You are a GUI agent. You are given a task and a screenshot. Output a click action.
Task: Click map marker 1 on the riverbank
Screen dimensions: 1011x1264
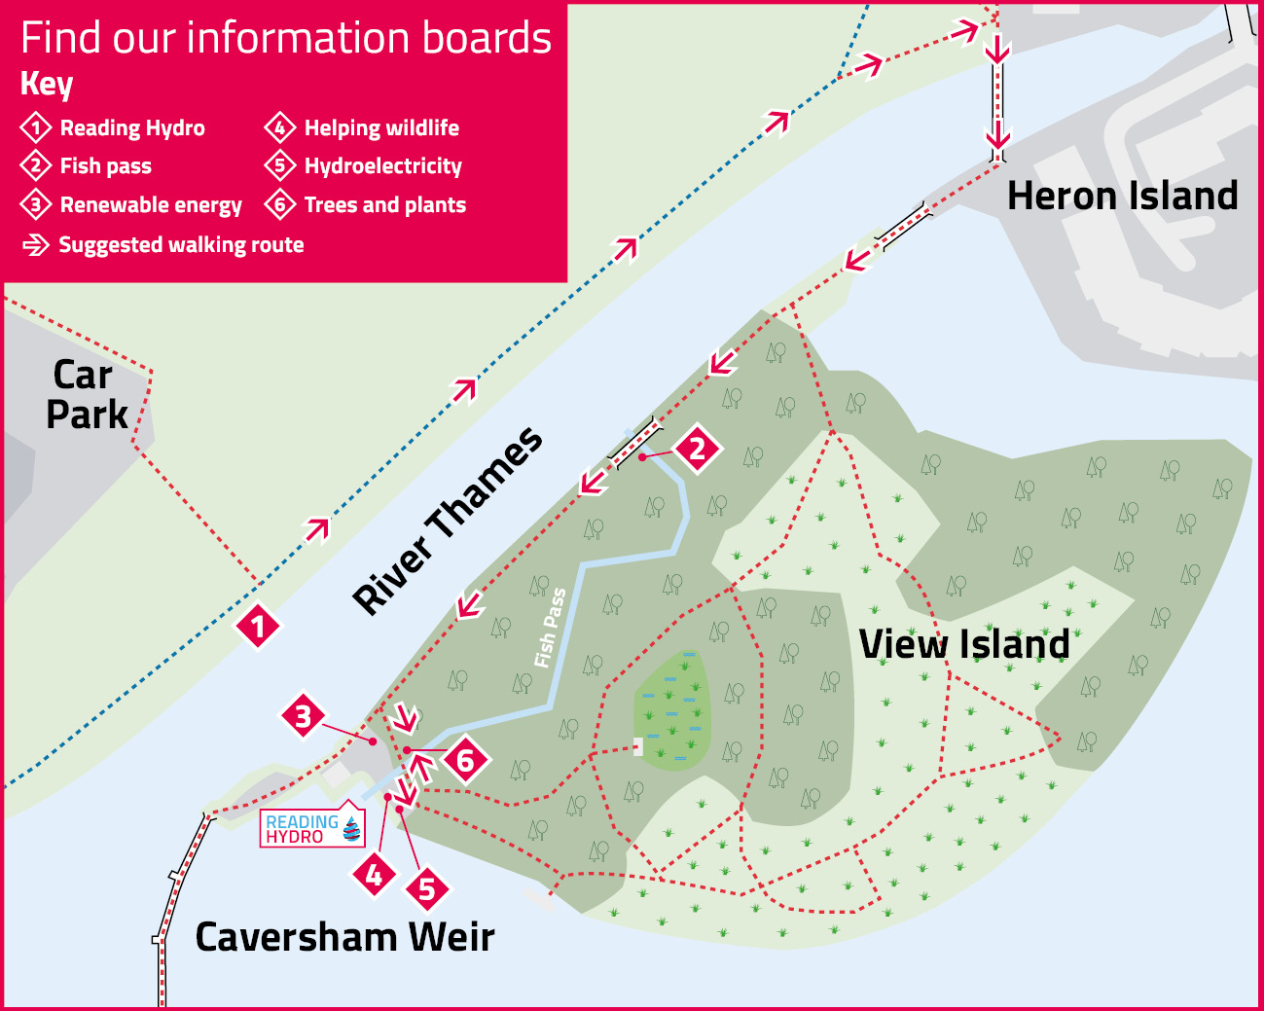click(258, 626)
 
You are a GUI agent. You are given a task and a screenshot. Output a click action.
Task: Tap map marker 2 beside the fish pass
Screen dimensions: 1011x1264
click(697, 449)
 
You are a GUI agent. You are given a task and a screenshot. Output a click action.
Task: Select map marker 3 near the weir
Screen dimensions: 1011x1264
click(304, 717)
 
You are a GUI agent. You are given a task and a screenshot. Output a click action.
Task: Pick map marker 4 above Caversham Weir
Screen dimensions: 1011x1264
click(375, 876)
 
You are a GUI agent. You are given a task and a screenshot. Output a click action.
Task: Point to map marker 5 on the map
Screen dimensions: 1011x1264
click(426, 888)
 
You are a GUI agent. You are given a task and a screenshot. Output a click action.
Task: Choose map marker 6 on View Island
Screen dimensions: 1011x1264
click(465, 760)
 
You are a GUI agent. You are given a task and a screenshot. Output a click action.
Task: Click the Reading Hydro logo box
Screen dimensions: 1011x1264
click(311, 828)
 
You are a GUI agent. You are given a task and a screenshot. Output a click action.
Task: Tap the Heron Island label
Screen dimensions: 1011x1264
click(1122, 196)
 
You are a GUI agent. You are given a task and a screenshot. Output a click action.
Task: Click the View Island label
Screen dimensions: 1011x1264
click(964, 644)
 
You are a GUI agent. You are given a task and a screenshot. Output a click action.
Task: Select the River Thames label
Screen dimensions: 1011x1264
click(448, 521)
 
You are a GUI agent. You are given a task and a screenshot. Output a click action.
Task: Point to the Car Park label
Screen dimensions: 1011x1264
click(86, 394)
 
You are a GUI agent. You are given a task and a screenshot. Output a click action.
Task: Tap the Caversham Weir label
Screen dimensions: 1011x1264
click(344, 937)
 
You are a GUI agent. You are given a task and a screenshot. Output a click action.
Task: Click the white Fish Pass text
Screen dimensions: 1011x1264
click(550, 628)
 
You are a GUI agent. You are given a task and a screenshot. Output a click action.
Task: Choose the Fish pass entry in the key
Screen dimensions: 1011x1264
click(105, 166)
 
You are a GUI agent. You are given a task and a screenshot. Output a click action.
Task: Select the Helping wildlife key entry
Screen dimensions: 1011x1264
click(380, 127)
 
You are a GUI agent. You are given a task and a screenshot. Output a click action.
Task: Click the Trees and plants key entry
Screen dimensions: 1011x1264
click(384, 205)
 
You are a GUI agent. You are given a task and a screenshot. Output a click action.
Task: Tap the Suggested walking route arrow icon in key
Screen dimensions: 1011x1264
click(36, 245)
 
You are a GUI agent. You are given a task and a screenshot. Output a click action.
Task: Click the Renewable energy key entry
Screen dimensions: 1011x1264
click(150, 205)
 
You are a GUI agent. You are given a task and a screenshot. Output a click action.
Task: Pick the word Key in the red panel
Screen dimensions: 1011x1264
click(47, 84)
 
